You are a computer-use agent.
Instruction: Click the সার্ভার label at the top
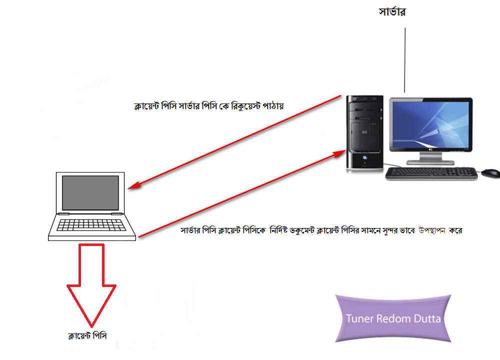point(391,12)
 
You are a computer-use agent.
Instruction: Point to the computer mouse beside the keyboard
point(490,173)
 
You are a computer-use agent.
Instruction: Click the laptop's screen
point(90,193)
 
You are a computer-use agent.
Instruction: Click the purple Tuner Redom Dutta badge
point(393,318)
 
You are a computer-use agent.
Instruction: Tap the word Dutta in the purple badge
point(427,318)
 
